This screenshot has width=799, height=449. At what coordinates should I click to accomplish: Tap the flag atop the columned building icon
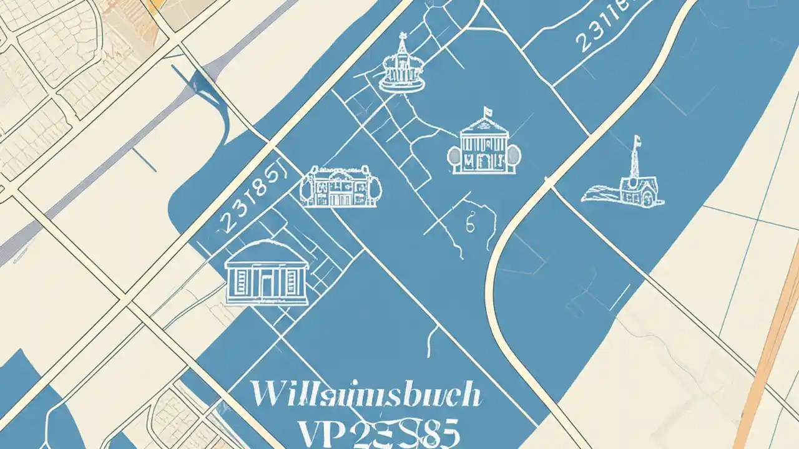[486, 113]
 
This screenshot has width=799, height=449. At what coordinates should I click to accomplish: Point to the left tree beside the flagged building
[454, 156]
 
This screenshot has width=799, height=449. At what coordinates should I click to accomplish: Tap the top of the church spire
[635, 138]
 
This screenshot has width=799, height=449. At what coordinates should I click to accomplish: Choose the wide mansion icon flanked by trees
[340, 186]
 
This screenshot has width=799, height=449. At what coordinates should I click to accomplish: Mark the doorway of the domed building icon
[267, 287]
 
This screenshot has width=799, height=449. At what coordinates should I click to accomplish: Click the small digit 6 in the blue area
[470, 222]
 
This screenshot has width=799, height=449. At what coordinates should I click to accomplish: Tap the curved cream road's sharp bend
[499, 249]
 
